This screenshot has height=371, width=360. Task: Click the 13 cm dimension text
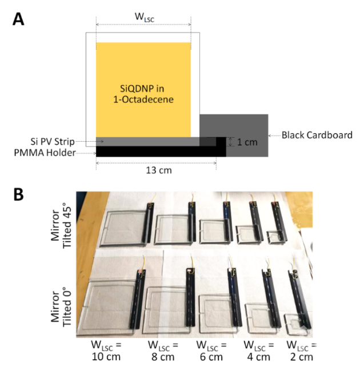pos(155,170)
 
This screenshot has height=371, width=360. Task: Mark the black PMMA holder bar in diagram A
pos(154,151)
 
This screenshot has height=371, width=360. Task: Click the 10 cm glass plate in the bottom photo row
pos(111,301)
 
